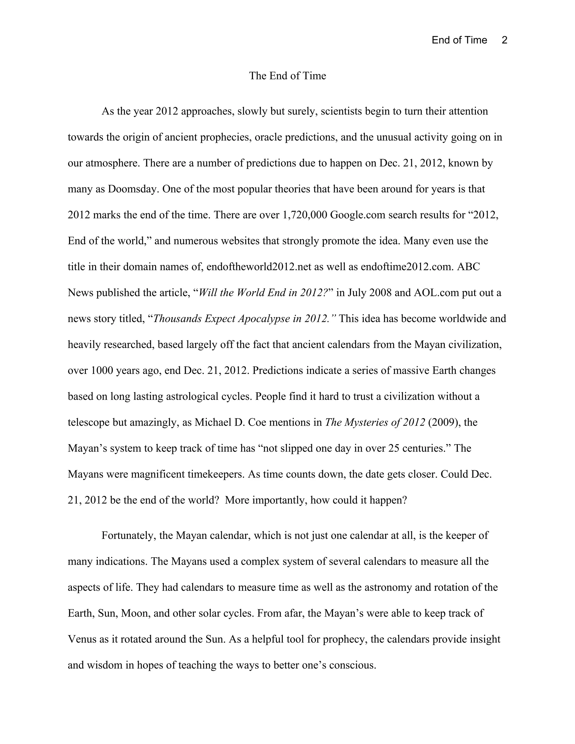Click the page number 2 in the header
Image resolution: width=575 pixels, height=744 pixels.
click(505, 40)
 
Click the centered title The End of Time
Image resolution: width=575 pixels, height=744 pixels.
click(287, 76)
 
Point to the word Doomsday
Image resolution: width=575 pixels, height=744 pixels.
click(133, 189)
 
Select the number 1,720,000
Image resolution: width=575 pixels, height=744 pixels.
click(305, 215)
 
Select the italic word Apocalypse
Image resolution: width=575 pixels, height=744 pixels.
click(264, 319)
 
